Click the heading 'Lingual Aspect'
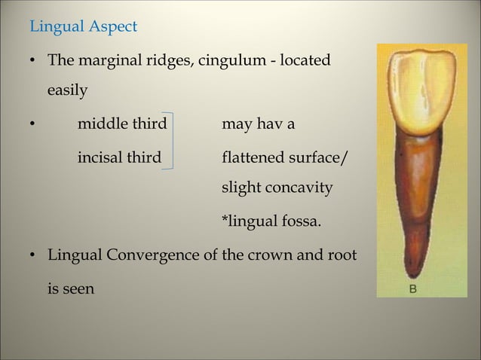tap(83, 27)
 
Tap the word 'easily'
tap(67, 91)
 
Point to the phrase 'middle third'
tap(121, 124)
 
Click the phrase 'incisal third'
tap(119, 158)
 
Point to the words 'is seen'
tap(71, 288)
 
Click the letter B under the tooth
tap(412, 288)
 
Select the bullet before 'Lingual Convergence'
tap(33, 255)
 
